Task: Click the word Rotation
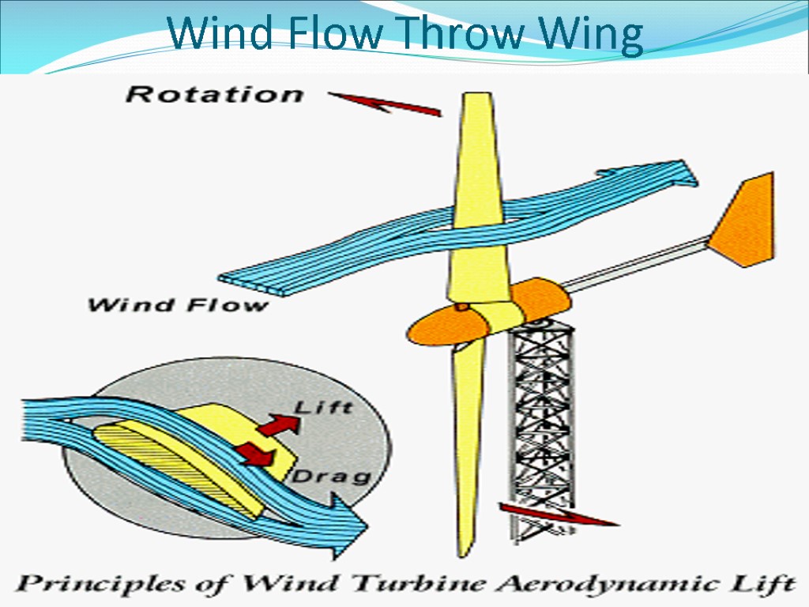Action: click(x=214, y=95)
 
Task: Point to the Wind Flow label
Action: click(x=179, y=304)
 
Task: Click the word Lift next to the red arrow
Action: click(x=323, y=408)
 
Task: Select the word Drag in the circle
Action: click(x=332, y=476)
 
